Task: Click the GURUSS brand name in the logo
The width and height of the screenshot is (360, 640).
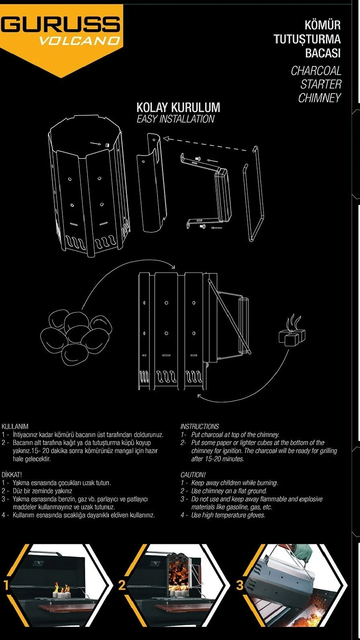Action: click(60, 25)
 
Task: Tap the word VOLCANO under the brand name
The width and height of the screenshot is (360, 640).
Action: click(79, 41)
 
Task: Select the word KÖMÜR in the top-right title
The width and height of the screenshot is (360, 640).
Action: click(322, 25)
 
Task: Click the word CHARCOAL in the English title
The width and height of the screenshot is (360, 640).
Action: click(316, 71)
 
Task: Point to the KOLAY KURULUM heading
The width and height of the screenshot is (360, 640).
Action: click(178, 108)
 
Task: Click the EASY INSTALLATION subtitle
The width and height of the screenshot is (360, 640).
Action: click(176, 119)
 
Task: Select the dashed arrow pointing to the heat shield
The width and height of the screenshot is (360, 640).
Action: click(207, 142)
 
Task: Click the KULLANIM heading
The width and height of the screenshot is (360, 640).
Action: click(15, 427)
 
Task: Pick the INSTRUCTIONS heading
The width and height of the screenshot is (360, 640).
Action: click(200, 427)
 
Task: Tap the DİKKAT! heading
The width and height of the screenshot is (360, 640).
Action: click(12, 475)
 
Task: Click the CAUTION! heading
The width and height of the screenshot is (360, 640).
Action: click(193, 475)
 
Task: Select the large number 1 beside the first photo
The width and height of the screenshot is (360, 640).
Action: click(6, 585)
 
